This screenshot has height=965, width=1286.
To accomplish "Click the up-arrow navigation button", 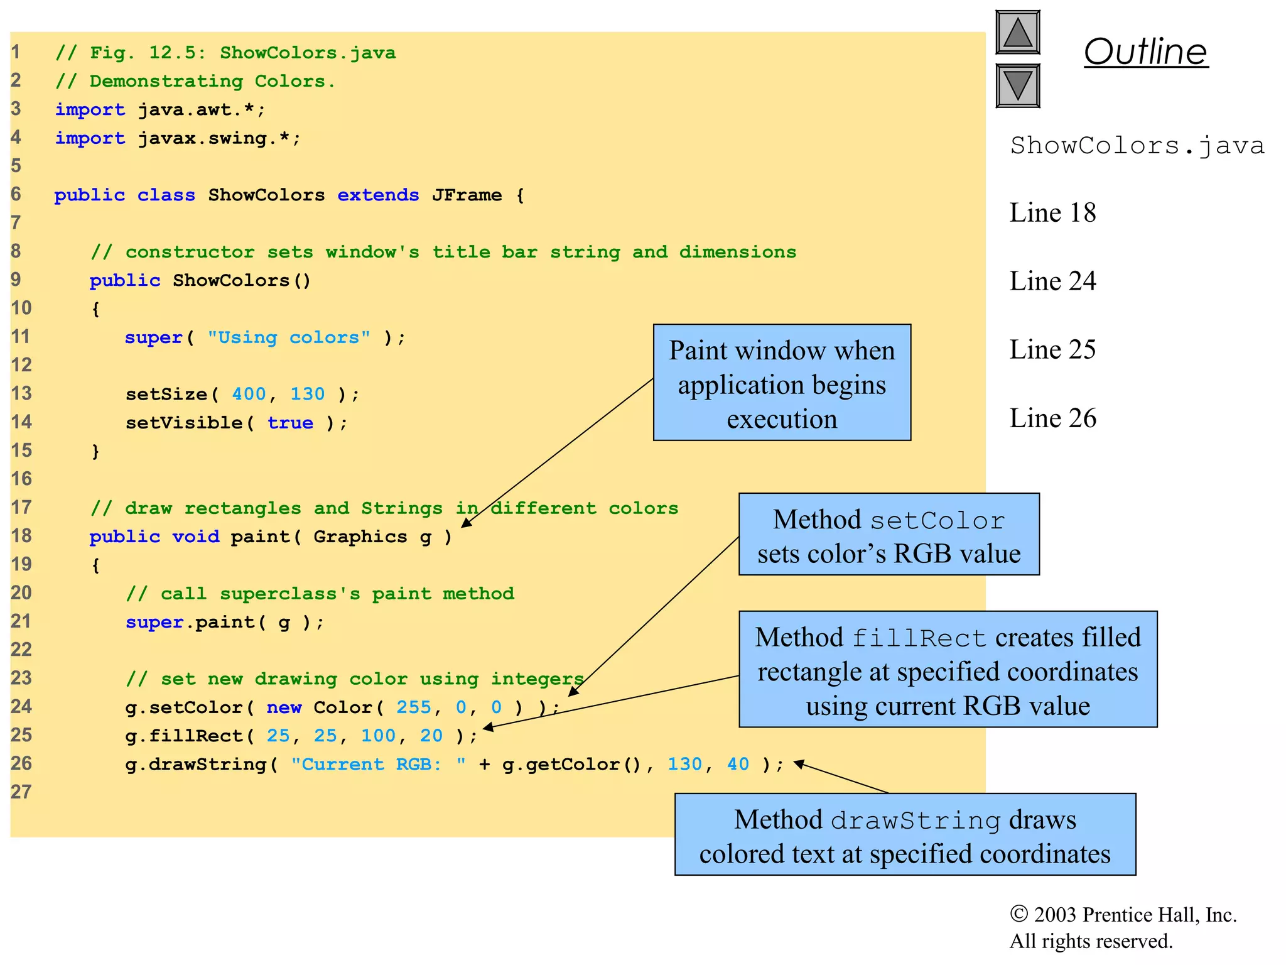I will pos(1017,32).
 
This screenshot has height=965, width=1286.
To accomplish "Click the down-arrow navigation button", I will pos(1017,85).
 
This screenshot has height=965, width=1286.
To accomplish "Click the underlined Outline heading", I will pos(1145,52).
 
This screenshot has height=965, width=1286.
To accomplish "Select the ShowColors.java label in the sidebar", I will pos(1137,146).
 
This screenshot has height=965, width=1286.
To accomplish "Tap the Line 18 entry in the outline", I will pos(1052,213).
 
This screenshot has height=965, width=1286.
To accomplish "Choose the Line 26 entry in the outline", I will pos(1052,418).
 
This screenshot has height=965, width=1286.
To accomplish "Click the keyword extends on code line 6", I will pos(378,195).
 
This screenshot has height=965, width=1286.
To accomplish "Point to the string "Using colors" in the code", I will pos(289,338).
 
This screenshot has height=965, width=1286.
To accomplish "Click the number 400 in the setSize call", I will pos(249,395).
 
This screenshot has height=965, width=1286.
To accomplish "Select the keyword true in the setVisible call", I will pos(290,423).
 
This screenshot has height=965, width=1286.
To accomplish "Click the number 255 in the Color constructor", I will pos(413,707).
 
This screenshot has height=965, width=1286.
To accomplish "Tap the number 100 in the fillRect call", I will pos(378,736).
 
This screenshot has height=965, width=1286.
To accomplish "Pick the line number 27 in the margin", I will pos(21,792).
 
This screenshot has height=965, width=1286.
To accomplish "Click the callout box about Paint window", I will pos(782,383).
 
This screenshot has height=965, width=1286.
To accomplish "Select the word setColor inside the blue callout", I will pos(937,521).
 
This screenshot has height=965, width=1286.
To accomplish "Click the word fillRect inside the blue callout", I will pos(919,639).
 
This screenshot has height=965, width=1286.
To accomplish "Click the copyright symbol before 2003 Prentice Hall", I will pos(1019,914).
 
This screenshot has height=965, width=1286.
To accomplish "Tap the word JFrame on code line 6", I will pos(467,195).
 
